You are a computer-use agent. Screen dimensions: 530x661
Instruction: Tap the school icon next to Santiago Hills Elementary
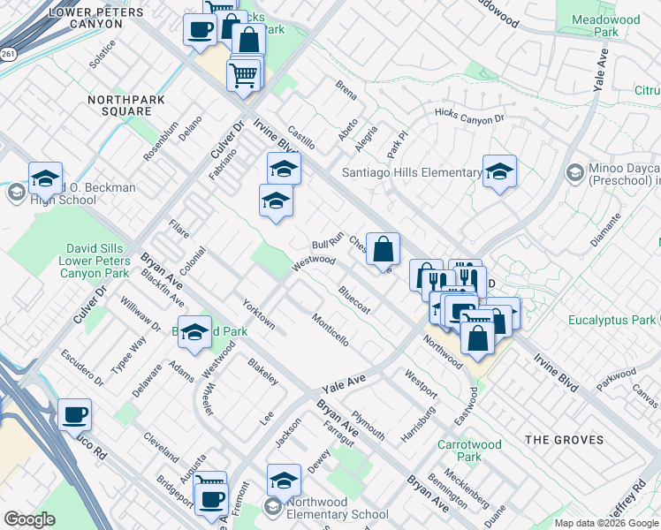coord(499,173)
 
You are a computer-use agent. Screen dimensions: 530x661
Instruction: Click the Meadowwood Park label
coord(605,25)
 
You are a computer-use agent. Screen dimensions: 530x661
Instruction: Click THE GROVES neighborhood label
coord(564,439)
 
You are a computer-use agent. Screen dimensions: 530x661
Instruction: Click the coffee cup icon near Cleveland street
coord(75,415)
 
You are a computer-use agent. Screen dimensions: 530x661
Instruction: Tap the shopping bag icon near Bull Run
coord(383,250)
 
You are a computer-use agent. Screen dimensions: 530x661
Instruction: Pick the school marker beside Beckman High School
coord(45,179)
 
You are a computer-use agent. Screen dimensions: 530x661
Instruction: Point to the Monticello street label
coord(330,329)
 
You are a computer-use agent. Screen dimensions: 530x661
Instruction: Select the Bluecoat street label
coord(353,298)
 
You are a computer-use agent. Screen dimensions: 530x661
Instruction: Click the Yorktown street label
coord(259,313)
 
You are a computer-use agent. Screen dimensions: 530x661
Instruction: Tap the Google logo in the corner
coord(29,519)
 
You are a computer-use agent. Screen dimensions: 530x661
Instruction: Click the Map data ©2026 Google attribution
coord(605,523)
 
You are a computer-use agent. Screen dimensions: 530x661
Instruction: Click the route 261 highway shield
coord(7,54)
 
